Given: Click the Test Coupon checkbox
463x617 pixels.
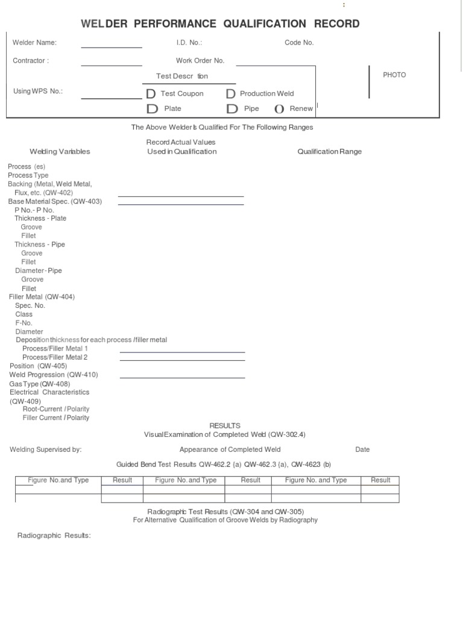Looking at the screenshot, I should click(x=151, y=94).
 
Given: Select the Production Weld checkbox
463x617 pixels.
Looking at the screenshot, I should click(x=230, y=94).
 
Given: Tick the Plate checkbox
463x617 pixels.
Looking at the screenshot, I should click(x=151, y=109).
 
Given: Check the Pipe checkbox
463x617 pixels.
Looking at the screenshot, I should click(x=231, y=109).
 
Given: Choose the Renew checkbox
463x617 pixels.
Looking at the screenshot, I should click(x=279, y=109).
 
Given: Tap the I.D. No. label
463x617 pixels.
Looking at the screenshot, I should click(x=189, y=43).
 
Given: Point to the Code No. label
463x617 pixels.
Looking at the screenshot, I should click(x=299, y=43).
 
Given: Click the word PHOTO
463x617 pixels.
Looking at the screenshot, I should click(x=394, y=75).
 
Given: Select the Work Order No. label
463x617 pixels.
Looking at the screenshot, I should click(x=200, y=61).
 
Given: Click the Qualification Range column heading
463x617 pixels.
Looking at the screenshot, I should click(x=329, y=152).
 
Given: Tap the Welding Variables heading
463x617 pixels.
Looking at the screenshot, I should click(x=60, y=152).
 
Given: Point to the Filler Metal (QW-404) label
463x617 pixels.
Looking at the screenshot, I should click(x=42, y=297).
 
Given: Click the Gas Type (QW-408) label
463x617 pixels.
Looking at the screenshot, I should click(x=39, y=384).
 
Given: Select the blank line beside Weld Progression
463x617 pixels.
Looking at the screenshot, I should click(x=182, y=376).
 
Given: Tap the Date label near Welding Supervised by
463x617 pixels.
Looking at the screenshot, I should click(x=362, y=449).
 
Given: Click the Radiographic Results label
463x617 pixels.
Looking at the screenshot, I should click(x=54, y=536).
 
